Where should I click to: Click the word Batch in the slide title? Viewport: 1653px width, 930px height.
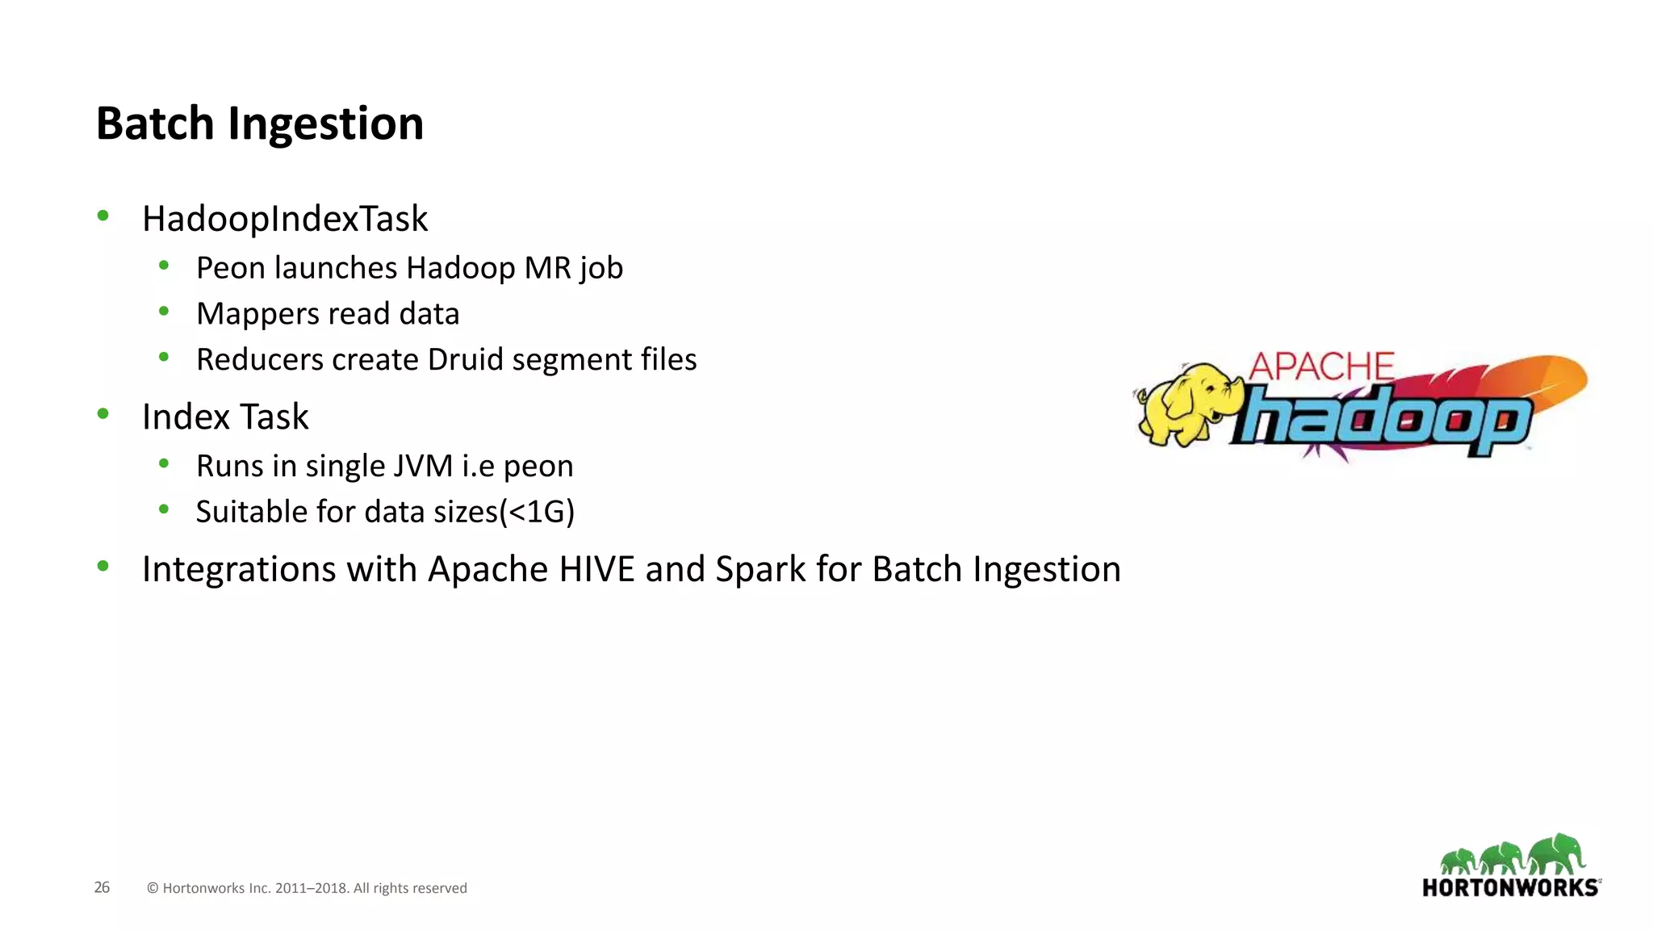pyautogui.click(x=154, y=124)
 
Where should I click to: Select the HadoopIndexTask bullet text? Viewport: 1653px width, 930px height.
pyautogui.click(x=285, y=219)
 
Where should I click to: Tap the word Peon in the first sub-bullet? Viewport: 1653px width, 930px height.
pyautogui.click(x=229, y=268)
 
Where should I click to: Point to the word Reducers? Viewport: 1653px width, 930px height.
pyautogui.click(x=259, y=360)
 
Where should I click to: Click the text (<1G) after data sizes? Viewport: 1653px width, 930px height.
pyautogui.click(x=538, y=512)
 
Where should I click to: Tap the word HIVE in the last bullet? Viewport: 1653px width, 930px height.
pyautogui.click(x=596, y=570)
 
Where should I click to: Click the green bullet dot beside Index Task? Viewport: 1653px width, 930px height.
pyautogui.click(x=103, y=414)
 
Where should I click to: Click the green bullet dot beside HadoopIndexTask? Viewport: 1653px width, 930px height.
pyautogui.click(x=103, y=216)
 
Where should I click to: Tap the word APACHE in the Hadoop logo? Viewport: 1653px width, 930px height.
pyautogui.click(x=1321, y=367)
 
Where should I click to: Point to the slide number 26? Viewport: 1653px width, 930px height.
pyautogui.click(x=102, y=887)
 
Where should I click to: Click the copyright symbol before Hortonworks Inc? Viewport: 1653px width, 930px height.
pyautogui.click(x=153, y=889)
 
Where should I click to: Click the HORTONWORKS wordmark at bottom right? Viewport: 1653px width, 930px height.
pyautogui.click(x=1510, y=888)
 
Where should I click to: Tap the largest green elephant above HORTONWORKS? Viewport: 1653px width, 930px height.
pyautogui.click(x=1557, y=854)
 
